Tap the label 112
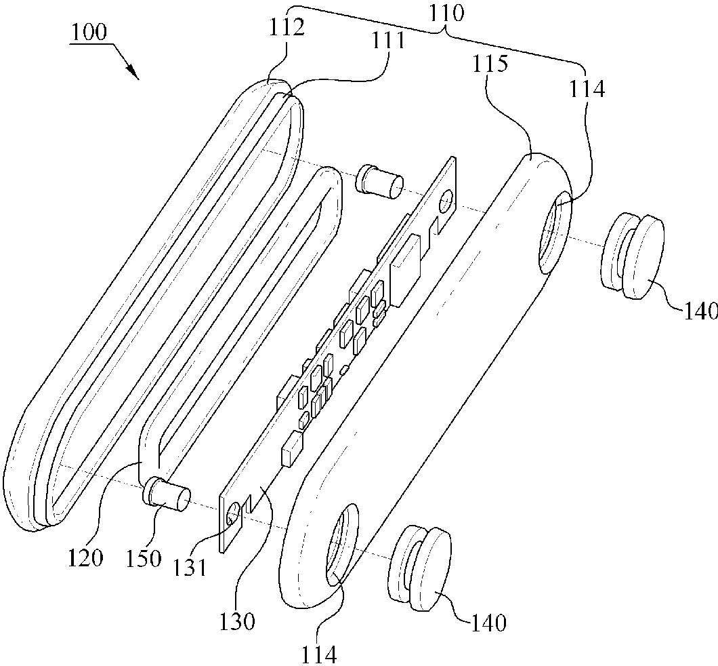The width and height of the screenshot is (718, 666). click(287, 28)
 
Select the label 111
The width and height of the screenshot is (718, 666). click(387, 41)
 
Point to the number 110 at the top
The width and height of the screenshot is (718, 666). click(446, 14)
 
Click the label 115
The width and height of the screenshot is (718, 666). click(490, 64)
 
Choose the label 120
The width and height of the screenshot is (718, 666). click(85, 557)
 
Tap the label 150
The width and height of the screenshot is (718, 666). click(144, 558)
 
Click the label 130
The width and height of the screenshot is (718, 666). click(237, 621)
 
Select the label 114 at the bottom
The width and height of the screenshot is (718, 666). click(319, 654)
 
